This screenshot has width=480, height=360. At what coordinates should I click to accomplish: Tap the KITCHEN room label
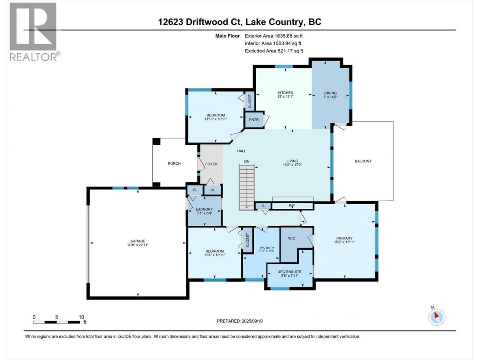point(285,93)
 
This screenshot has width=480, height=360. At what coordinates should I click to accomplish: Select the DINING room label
point(330,93)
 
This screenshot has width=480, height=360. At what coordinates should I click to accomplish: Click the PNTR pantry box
point(254,120)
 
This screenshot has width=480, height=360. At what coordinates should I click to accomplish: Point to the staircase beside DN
point(247,187)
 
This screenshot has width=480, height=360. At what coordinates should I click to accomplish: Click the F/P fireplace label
point(292,206)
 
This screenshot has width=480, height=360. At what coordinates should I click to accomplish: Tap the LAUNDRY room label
point(204,209)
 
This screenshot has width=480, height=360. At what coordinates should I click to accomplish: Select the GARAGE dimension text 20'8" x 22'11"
point(138,245)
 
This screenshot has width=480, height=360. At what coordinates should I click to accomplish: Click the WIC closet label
point(291,238)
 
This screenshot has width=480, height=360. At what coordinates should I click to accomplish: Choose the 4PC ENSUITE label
point(289,272)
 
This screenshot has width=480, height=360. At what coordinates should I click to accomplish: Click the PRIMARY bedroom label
point(345,238)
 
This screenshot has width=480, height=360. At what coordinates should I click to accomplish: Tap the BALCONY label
point(363,161)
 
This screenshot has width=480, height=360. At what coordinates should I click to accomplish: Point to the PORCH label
point(174,163)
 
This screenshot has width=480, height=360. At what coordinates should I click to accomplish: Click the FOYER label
point(211,164)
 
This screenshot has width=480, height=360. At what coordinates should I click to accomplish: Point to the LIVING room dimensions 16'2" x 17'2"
point(292,165)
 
